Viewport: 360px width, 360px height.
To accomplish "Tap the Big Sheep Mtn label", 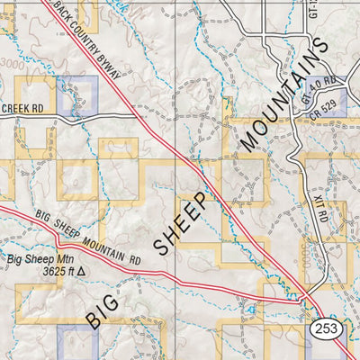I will point(38,259).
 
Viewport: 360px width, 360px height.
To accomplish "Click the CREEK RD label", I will point(22,109).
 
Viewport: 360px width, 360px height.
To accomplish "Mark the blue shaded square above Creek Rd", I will point(76,96).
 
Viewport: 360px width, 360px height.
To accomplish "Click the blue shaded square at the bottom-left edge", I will point(76,344).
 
